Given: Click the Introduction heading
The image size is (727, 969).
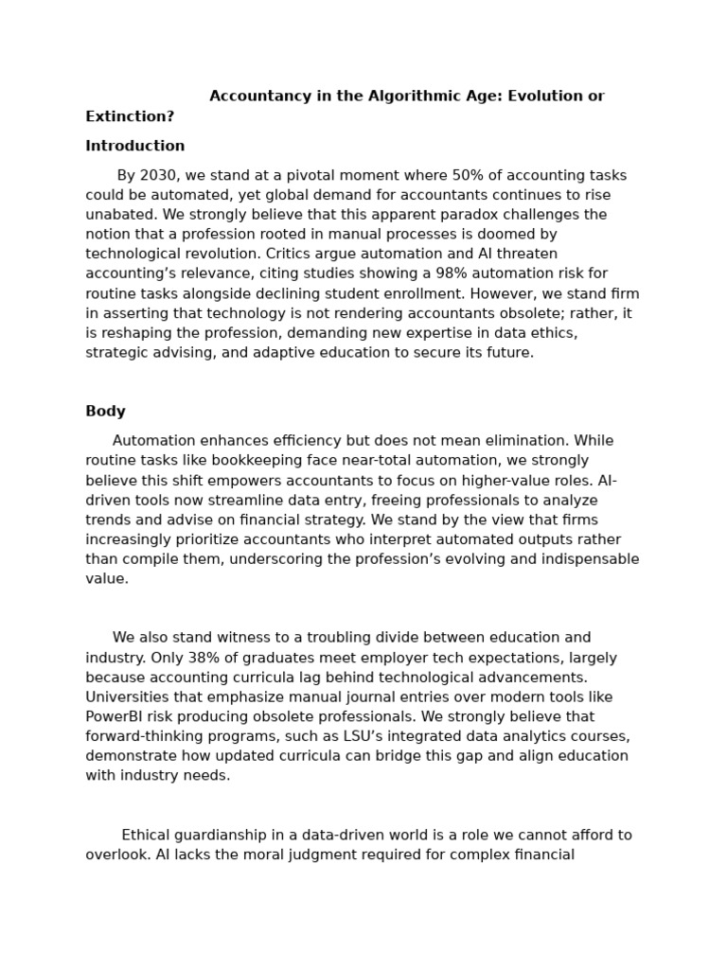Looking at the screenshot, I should pos(134,146).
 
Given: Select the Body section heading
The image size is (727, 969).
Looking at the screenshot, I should pos(105,412).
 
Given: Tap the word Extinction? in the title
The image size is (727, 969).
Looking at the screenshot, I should pos(130,116).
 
